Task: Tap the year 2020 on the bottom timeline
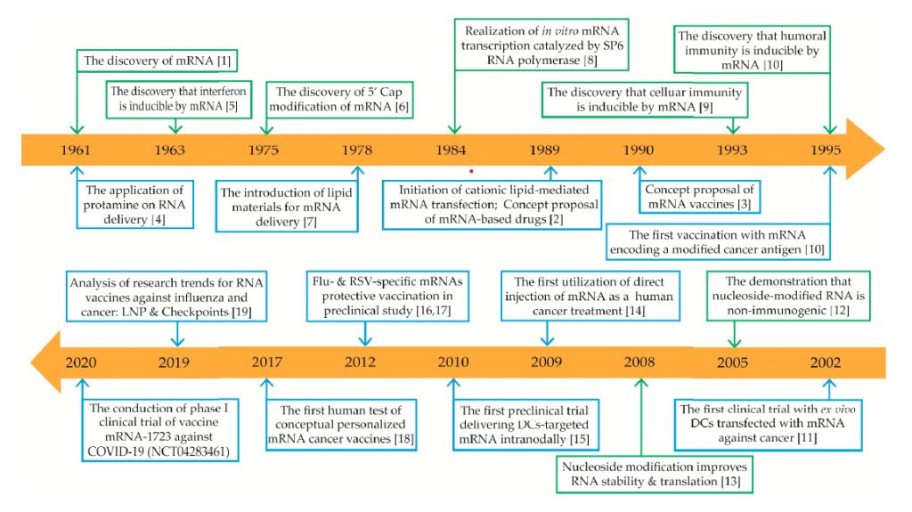(x=81, y=362)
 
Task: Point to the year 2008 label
(x=639, y=362)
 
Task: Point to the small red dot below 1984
(x=471, y=169)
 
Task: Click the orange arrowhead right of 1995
(x=867, y=149)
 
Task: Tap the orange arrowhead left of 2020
(x=45, y=361)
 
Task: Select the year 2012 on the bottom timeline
(x=362, y=362)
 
